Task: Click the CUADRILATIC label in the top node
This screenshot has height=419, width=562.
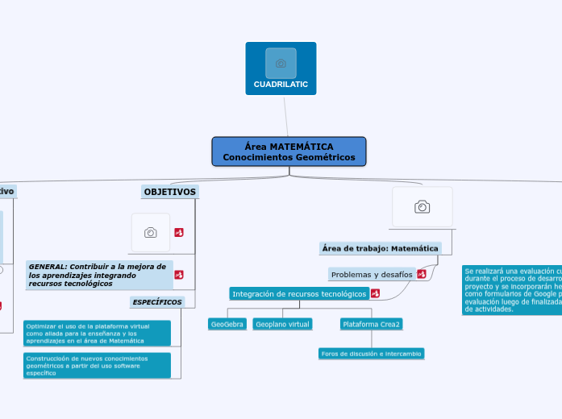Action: click(281, 85)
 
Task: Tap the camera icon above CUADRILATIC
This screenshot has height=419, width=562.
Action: click(281, 63)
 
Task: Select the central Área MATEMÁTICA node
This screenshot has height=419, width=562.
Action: click(289, 151)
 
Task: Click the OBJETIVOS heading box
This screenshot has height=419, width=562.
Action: click(169, 192)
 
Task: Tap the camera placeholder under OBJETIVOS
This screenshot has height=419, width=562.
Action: click(151, 233)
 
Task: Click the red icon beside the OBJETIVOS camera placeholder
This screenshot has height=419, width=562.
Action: click(179, 233)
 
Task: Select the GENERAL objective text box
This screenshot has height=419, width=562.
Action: click(99, 275)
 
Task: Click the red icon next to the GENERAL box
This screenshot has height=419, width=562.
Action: click(179, 275)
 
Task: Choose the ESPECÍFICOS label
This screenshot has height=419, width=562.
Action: click(157, 302)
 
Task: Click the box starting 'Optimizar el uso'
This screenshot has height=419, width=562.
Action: click(97, 333)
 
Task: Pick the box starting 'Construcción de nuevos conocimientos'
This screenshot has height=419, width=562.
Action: click(97, 365)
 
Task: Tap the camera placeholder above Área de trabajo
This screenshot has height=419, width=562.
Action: click(422, 207)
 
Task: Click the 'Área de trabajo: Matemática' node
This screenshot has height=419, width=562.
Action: click(380, 248)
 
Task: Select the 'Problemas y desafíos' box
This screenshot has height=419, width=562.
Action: click(372, 275)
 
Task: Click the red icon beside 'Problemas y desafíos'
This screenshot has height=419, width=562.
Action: click(422, 275)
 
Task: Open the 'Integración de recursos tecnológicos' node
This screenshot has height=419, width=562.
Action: click(299, 294)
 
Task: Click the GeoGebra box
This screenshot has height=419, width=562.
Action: click(227, 324)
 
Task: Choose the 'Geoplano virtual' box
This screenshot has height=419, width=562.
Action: click(282, 324)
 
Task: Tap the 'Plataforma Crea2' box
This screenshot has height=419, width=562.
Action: click(371, 324)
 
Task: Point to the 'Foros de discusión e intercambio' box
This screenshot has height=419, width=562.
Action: click(371, 354)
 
